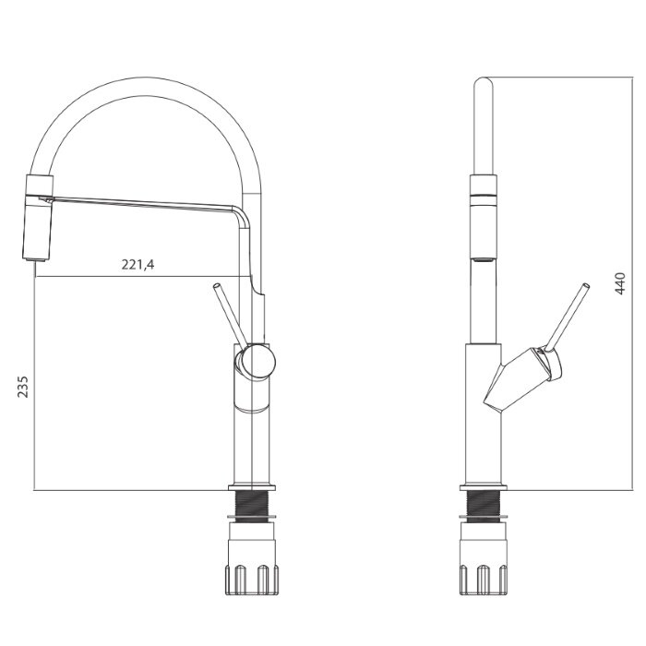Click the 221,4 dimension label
(138, 264)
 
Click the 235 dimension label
(23, 387)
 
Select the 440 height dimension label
(619, 283)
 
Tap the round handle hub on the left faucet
(258, 362)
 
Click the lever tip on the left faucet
(216, 285)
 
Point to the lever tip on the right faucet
(585, 286)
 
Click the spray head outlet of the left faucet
(35, 258)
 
